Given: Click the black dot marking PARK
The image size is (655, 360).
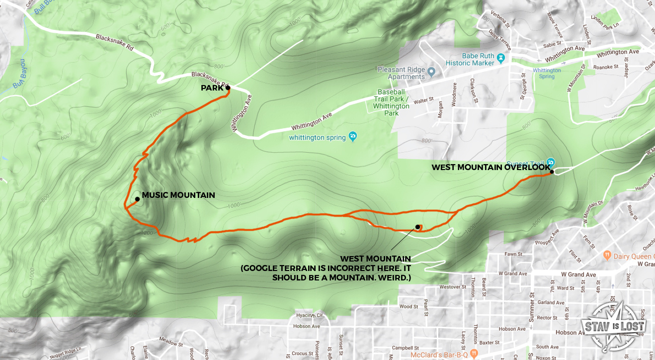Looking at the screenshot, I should tap(228, 88).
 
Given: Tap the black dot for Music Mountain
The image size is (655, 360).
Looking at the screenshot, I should tap(137, 199).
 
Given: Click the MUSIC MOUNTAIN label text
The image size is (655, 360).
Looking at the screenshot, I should tap(178, 195).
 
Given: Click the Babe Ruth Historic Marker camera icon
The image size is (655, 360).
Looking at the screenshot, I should tap(501, 59).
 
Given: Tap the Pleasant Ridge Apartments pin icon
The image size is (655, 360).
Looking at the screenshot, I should tap(431, 73).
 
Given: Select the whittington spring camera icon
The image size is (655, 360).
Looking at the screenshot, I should tap(352, 136).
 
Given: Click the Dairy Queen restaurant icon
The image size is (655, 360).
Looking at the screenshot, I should tap(606, 255).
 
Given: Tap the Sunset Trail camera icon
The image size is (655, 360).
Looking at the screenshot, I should tap(550, 162).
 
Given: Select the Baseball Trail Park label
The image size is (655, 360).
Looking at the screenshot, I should tap(391, 102).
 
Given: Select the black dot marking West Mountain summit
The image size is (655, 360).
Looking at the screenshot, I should tap(417, 227).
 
